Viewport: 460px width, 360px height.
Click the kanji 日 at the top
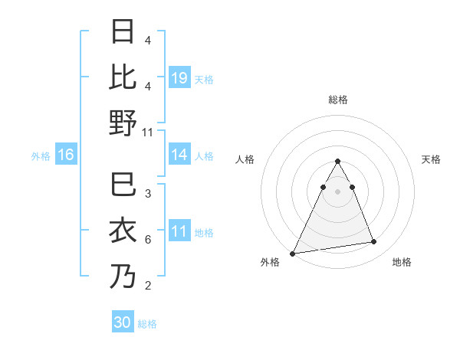pyautogui.click(x=123, y=33)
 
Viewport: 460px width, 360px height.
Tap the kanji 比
pyautogui.click(x=123, y=77)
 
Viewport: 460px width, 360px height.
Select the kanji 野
pyautogui.click(x=123, y=123)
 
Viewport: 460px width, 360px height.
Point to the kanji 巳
pyautogui.click(x=123, y=187)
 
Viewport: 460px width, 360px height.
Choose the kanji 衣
pyautogui.click(x=123, y=232)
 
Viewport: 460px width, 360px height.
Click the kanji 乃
pyautogui.click(x=123, y=277)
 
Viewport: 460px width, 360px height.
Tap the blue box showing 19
pyautogui.click(x=179, y=78)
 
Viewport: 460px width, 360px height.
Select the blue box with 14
pyautogui.click(x=179, y=155)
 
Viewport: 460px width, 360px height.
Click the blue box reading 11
pyautogui.click(x=179, y=231)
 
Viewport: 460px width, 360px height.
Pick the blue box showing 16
pyautogui.click(x=66, y=155)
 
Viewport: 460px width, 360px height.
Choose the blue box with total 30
pyautogui.click(x=123, y=322)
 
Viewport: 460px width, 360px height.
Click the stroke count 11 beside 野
pyautogui.click(x=148, y=132)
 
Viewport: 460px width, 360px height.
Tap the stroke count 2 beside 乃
pyautogui.click(x=148, y=286)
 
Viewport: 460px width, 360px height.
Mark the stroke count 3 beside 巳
pyautogui.click(x=148, y=195)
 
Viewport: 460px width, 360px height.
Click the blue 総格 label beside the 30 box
pyautogui.click(x=147, y=324)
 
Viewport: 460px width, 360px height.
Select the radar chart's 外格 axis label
pyautogui.click(x=270, y=263)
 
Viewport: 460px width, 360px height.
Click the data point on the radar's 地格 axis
pyautogui.click(x=374, y=242)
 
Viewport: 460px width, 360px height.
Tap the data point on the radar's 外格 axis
pyautogui.click(x=293, y=253)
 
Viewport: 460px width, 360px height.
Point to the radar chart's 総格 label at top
pyautogui.click(x=337, y=100)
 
